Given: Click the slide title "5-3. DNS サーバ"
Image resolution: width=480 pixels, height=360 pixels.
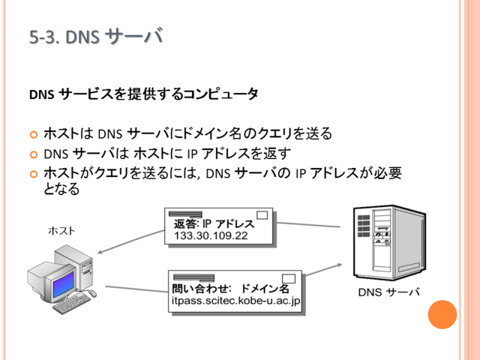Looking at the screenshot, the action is point(96,37).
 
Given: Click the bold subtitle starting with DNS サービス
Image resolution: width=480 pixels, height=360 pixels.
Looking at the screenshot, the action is point(144,94).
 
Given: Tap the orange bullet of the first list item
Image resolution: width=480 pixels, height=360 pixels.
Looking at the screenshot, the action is point(34,135).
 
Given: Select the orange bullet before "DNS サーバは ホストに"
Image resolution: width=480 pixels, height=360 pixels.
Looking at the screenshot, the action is point(34,154).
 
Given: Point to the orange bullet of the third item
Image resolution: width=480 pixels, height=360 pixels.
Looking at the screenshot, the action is point(34,174).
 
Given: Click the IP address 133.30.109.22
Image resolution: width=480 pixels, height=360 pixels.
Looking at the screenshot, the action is point(211,235).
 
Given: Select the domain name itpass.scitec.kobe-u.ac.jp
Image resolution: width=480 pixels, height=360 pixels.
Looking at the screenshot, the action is point(235,301).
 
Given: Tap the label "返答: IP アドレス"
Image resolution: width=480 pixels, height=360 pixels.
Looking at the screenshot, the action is point(214,223).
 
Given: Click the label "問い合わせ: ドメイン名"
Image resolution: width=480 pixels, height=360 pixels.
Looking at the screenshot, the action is point(230,288).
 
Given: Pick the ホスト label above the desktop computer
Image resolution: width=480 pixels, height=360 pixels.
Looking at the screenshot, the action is point(61,231).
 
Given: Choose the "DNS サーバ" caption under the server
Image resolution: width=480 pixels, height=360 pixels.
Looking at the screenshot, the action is point(388,292).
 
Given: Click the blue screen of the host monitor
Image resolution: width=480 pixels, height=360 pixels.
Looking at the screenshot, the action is point(63,285).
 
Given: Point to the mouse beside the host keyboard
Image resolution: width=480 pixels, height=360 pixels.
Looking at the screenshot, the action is point(92,293).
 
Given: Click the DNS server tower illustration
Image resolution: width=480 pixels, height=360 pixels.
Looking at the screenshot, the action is point(389,242).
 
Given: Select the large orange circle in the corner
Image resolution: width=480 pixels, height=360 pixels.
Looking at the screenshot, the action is point(442,314).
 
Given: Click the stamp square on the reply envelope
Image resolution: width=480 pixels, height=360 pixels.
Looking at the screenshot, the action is point(262,215).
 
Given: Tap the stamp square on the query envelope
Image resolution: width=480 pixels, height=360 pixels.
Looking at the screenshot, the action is point(289,278).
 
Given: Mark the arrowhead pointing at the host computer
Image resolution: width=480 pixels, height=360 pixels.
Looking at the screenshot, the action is point(100,253).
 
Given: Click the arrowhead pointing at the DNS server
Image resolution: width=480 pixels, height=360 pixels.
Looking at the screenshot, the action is point(339,265).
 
